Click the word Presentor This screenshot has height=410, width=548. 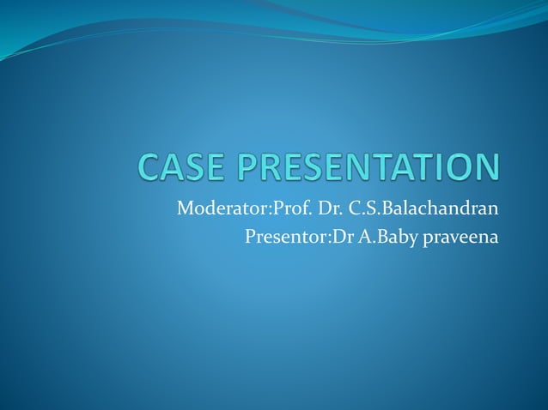pos(282,236)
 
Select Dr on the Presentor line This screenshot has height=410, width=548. pos(337,236)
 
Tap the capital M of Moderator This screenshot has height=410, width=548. pos(184,208)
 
